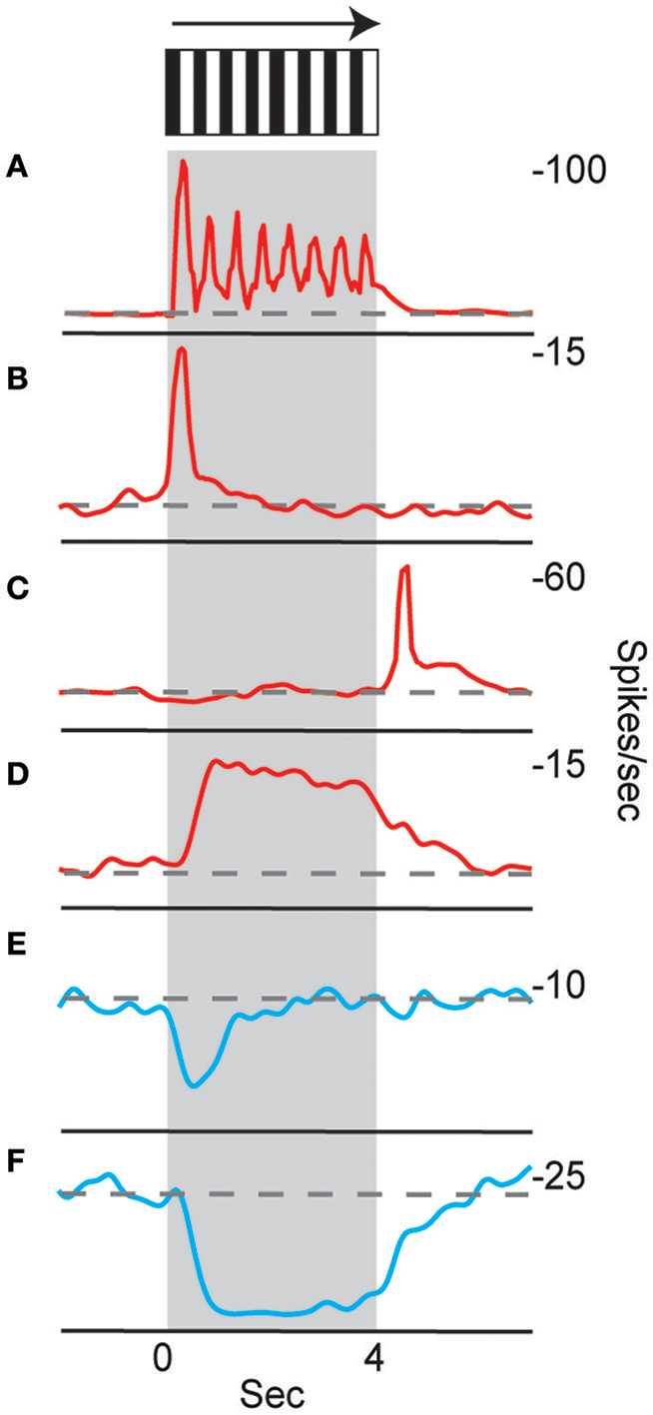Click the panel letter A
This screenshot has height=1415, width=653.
(x=17, y=170)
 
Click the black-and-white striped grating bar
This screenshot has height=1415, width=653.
(x=272, y=92)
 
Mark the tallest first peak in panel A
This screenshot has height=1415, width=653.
(x=183, y=164)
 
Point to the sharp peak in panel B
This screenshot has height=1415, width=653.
(x=181, y=351)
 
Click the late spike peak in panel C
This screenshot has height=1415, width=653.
(x=404, y=569)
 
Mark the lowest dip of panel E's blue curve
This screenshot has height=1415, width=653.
(x=193, y=1084)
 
